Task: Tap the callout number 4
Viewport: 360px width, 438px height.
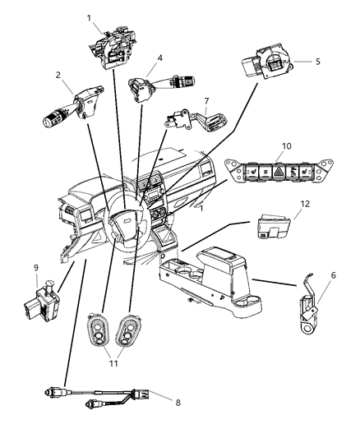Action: coord(160,58)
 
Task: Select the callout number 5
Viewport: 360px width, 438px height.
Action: coord(318,62)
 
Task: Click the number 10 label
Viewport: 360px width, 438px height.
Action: coord(286,146)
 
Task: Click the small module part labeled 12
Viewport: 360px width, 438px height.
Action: coord(268,228)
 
